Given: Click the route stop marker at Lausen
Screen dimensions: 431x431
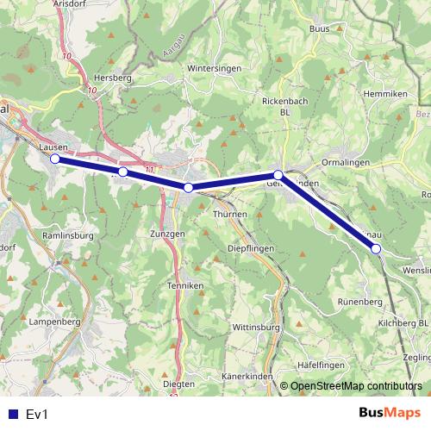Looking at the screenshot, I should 55,159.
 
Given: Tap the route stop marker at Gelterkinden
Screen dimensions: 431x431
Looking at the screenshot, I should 278,175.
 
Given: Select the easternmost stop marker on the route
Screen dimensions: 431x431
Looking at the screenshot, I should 376,248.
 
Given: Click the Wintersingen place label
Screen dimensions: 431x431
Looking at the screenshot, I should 211,67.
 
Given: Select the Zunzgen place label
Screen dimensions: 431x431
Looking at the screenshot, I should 167,234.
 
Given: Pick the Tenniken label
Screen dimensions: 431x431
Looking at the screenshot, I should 186,285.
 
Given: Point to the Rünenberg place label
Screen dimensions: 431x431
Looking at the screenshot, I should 359,303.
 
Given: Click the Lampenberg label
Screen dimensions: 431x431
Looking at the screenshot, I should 54,322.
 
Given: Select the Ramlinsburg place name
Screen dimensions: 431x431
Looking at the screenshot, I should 66,234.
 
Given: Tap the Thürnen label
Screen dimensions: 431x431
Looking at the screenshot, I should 229,214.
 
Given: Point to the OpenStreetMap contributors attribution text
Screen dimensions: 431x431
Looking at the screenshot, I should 356,386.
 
